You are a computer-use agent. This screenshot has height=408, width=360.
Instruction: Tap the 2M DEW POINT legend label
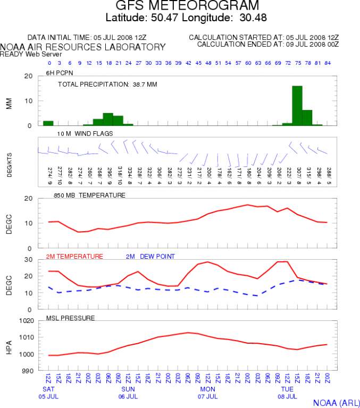(x=150, y=257)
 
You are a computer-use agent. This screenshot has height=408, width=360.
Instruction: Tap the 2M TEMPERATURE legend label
(x=74, y=257)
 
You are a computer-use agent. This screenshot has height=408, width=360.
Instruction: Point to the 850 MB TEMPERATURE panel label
(x=89, y=195)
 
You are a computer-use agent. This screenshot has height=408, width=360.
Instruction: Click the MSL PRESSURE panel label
(x=70, y=318)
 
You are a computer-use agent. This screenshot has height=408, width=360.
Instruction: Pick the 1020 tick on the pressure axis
(x=27, y=320)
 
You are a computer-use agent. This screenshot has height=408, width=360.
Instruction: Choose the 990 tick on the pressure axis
(x=28, y=371)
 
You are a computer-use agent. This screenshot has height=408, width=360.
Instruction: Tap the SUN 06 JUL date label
(x=128, y=393)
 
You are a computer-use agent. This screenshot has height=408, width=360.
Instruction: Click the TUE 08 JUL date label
(x=288, y=393)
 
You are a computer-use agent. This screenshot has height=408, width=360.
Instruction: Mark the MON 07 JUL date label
(x=208, y=393)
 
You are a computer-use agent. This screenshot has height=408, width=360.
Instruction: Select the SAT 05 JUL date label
(x=48, y=393)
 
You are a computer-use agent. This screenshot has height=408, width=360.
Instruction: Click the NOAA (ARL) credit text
(x=336, y=403)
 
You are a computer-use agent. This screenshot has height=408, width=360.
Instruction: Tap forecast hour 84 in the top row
(x=328, y=63)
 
